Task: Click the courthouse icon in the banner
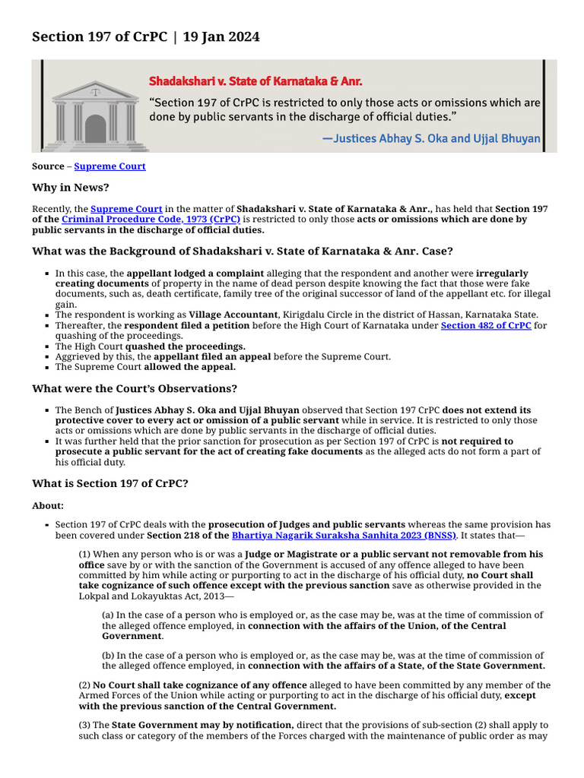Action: point(95,115)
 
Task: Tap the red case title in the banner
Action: point(255,81)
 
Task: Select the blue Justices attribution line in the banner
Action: point(431,138)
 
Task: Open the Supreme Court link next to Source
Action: point(109,166)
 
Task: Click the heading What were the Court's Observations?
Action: point(134,388)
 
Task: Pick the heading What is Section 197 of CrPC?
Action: point(109,482)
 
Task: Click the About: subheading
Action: point(48,505)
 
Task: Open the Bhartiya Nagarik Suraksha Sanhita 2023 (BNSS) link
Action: point(344,535)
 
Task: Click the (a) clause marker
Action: point(108,615)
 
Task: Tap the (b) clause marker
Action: point(108,656)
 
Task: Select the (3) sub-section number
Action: point(85,725)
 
